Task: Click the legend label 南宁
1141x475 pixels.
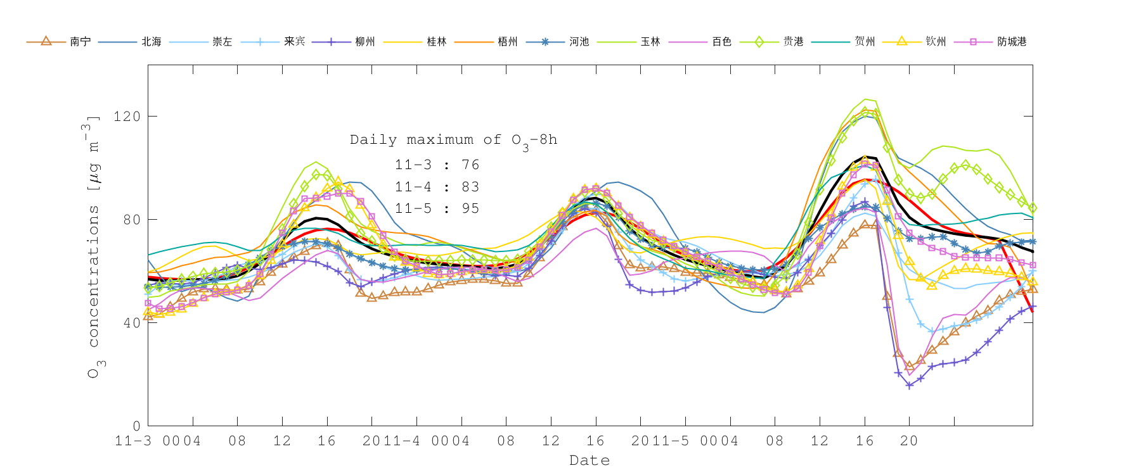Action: click(81, 42)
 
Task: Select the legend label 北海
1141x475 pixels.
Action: click(151, 42)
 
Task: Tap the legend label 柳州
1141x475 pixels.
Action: click(365, 42)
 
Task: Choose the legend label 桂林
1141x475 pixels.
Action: click(437, 42)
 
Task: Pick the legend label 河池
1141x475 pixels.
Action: click(579, 42)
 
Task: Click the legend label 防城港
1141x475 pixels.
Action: click(1012, 42)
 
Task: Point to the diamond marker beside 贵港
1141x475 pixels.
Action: click(759, 42)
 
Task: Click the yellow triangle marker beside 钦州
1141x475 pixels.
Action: click(901, 42)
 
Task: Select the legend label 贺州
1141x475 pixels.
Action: click(865, 42)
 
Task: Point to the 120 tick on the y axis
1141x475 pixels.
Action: click(127, 117)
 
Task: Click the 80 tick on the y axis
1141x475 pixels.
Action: click(131, 220)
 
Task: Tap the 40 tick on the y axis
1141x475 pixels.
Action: click(131, 323)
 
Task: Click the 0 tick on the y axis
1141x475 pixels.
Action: click(136, 426)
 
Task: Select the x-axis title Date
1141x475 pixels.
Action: click(590, 460)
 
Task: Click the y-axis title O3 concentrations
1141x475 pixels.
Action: click(94, 247)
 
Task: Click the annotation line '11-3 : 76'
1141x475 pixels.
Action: click(437, 165)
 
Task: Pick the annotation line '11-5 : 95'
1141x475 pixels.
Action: click(437, 208)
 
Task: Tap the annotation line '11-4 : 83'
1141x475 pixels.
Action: click(437, 187)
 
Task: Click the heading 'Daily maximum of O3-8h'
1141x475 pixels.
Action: click(453, 141)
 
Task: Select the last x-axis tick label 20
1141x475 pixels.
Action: click(909, 441)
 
